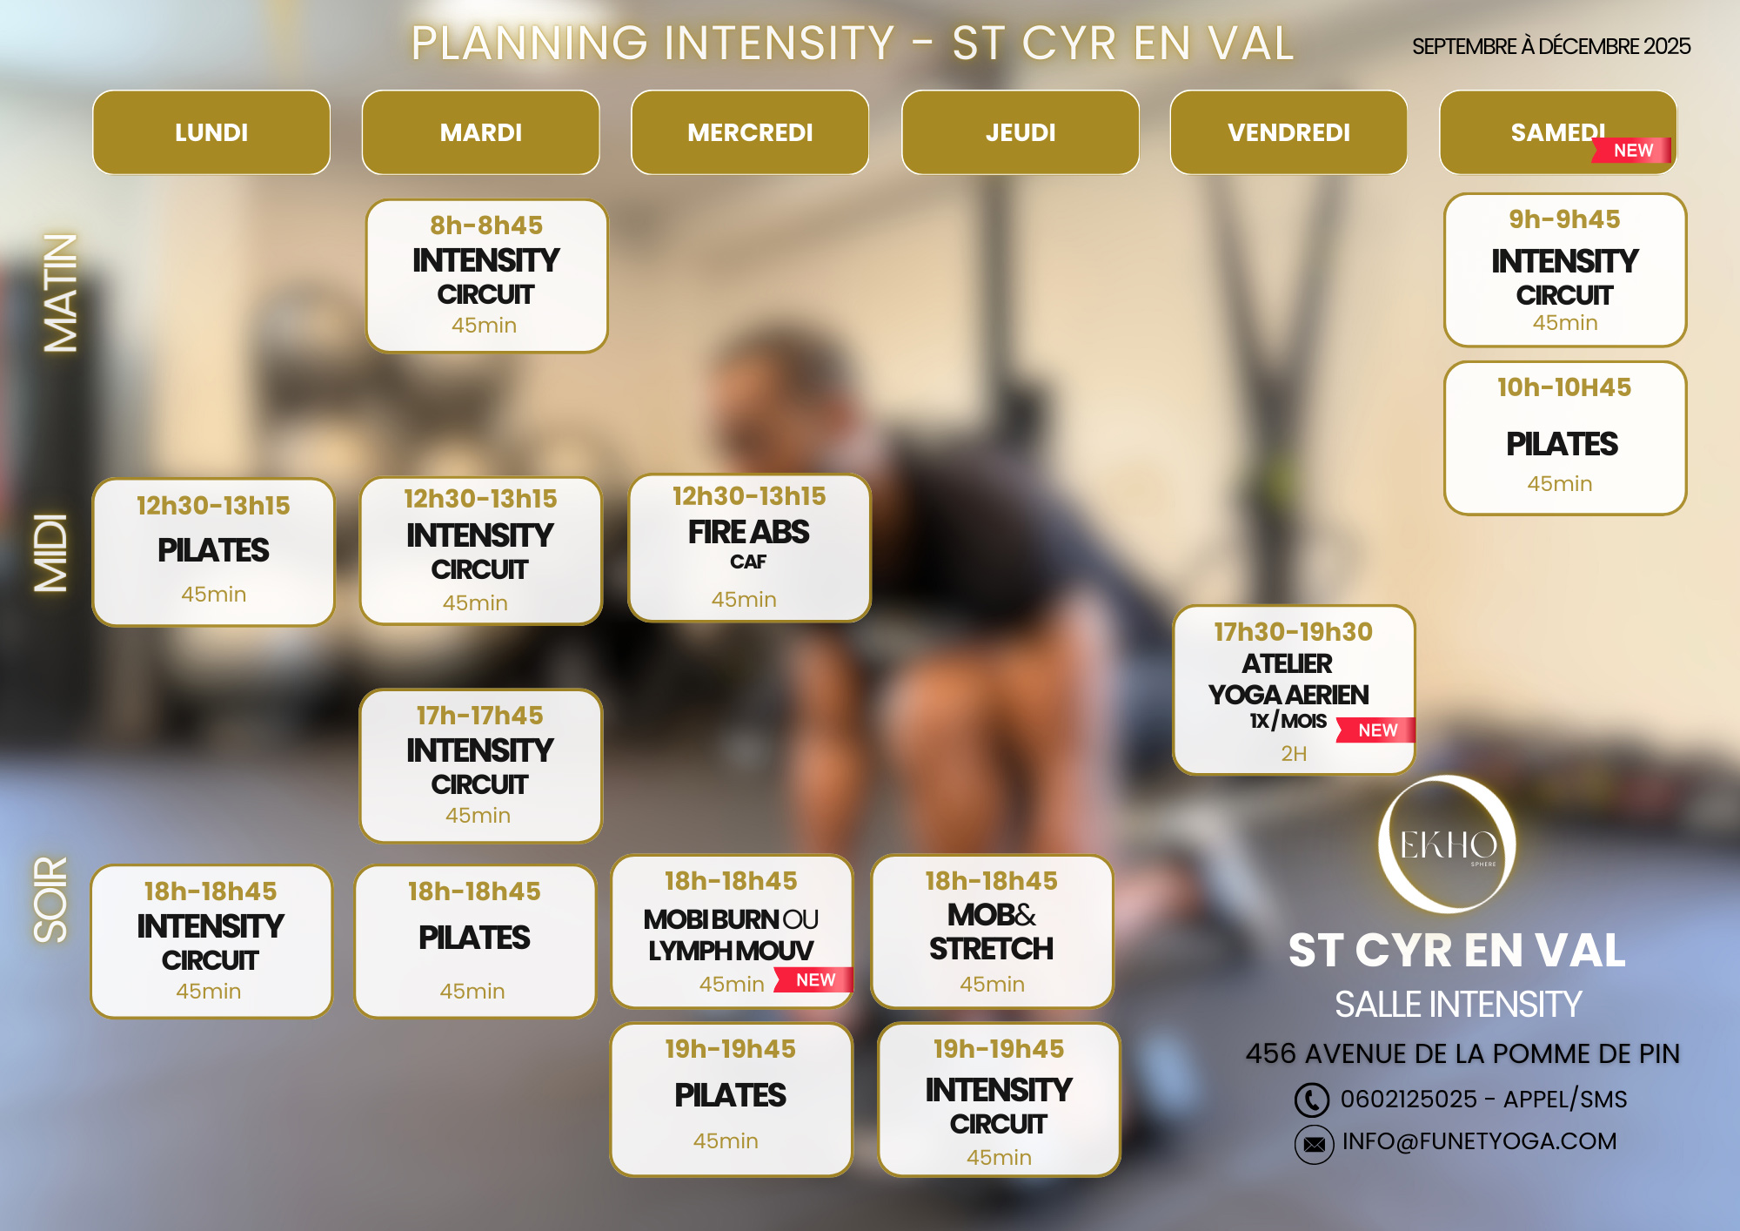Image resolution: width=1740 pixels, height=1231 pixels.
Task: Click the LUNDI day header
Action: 211,132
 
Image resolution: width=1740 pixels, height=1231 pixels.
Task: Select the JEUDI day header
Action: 1021,132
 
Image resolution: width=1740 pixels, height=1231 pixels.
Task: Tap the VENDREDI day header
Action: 1289,132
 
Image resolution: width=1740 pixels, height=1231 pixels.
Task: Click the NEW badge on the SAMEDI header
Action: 1632,151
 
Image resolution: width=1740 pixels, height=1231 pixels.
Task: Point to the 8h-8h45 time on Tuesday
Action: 486,225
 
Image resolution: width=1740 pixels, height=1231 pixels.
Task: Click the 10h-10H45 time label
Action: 1564,387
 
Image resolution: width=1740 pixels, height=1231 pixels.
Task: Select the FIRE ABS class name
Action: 749,532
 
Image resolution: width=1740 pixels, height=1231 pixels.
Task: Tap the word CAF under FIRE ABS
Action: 748,562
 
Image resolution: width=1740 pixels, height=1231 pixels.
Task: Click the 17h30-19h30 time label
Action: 1294,631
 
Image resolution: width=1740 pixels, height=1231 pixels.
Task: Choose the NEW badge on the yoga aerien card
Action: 1376,730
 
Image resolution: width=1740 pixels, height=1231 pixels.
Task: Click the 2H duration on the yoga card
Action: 1294,754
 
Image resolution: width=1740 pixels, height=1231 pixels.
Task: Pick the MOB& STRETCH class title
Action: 992,932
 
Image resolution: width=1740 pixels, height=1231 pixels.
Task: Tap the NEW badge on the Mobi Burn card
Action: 814,979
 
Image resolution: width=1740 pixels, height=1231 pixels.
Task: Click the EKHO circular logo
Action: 1448,844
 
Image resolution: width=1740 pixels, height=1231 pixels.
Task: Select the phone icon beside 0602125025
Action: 1312,1100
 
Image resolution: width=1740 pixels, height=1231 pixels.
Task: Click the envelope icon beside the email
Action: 1314,1144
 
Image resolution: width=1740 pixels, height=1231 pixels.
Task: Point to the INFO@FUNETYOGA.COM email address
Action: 1479,1141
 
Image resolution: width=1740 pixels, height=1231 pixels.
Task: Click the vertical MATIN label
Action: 61,293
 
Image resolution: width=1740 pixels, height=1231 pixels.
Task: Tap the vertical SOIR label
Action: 50,899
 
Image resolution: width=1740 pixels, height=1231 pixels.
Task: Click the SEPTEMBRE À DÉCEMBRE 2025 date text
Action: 1551,46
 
